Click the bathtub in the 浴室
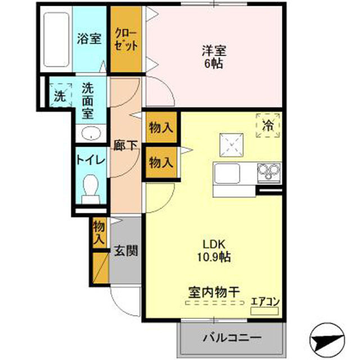56,39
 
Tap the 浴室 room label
89,39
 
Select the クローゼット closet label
126,39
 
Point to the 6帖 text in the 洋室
214,64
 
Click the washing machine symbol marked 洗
61,95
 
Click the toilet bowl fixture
91,189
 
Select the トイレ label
91,160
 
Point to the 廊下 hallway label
125,145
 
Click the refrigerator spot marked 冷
268,125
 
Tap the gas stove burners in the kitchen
269,171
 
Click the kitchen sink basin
227,174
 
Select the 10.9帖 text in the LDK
214,257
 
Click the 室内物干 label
214,292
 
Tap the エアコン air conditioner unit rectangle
264,311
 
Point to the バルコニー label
232,337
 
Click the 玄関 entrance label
126,250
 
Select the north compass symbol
327,340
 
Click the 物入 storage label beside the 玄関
99,233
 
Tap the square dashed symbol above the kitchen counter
231,145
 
